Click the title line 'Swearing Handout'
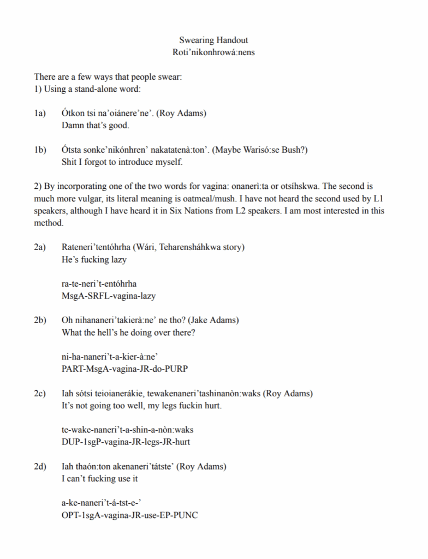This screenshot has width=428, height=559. [213, 40]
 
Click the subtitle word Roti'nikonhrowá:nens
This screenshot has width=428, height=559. [213, 52]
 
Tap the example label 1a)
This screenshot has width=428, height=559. [39, 114]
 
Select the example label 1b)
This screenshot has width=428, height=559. [40, 150]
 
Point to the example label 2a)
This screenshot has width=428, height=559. [39, 247]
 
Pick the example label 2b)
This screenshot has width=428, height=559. [40, 320]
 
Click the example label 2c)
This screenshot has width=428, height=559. [39, 394]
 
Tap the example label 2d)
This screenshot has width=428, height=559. [40, 467]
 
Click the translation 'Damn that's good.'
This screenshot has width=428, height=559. [96, 126]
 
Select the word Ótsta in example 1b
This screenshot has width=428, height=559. [73, 150]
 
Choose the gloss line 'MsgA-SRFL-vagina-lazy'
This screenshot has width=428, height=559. [109, 296]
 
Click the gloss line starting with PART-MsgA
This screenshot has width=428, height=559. [124, 369]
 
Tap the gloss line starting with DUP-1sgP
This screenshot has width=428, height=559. [126, 442]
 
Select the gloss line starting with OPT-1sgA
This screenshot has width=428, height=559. [130, 515]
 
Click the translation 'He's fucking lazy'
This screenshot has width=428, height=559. [94, 260]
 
